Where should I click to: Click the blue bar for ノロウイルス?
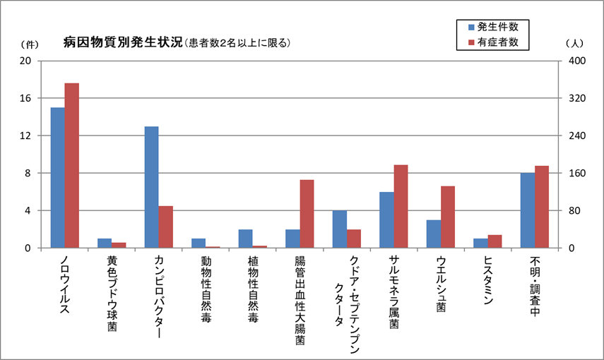pyautogui.click(x=57, y=178)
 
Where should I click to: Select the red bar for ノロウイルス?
pyautogui.click(x=71, y=166)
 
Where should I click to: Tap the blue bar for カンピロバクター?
pyautogui.click(x=151, y=187)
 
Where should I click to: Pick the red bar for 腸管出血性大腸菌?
pyautogui.click(x=307, y=214)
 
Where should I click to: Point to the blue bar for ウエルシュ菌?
pyautogui.click(x=433, y=234)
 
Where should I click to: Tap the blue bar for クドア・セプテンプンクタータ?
pyautogui.click(x=339, y=229)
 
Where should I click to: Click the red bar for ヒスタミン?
pyautogui.click(x=495, y=241)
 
